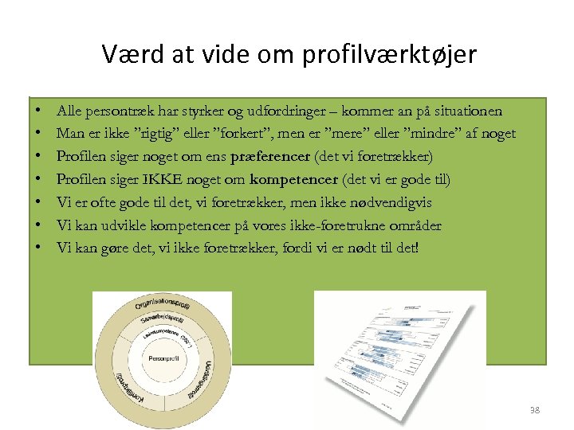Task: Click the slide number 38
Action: tap(534, 410)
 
